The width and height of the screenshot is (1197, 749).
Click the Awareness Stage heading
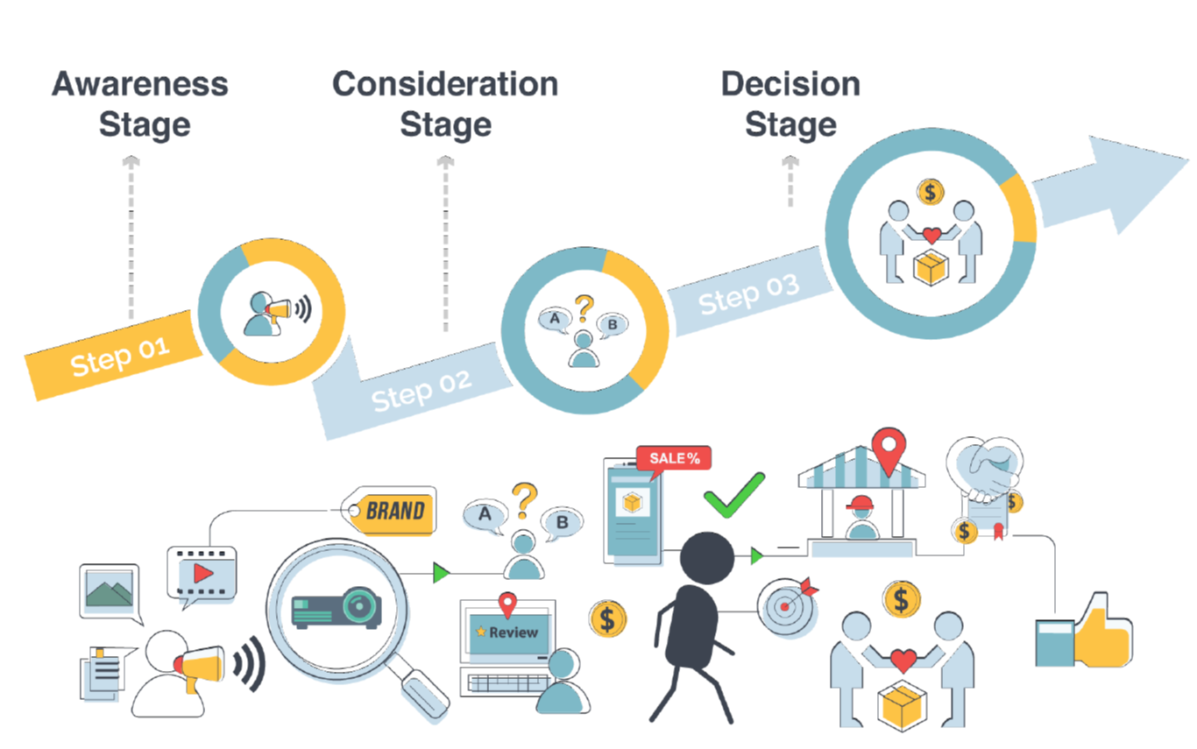coord(140,103)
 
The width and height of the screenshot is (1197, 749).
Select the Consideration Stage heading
coord(445,103)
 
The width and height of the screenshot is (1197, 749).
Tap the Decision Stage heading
coord(790,103)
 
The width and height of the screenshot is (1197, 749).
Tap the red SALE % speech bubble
coord(674,458)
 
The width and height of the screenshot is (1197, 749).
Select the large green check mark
coord(734,497)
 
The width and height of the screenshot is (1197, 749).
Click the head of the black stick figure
coord(706,557)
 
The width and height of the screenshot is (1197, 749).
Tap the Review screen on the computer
coord(507,632)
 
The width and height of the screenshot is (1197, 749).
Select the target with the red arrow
coord(786,605)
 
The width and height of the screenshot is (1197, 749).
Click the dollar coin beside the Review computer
coord(607,618)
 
